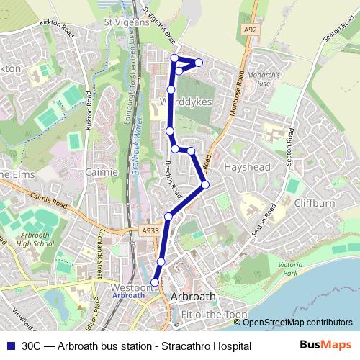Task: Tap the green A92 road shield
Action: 250,30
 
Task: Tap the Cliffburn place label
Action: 315,203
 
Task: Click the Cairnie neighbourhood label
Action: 102,172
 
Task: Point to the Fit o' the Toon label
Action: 215,315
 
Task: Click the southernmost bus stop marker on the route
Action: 156,282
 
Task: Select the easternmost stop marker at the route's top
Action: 199,63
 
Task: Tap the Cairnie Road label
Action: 49,201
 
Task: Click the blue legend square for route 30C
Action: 9,346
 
